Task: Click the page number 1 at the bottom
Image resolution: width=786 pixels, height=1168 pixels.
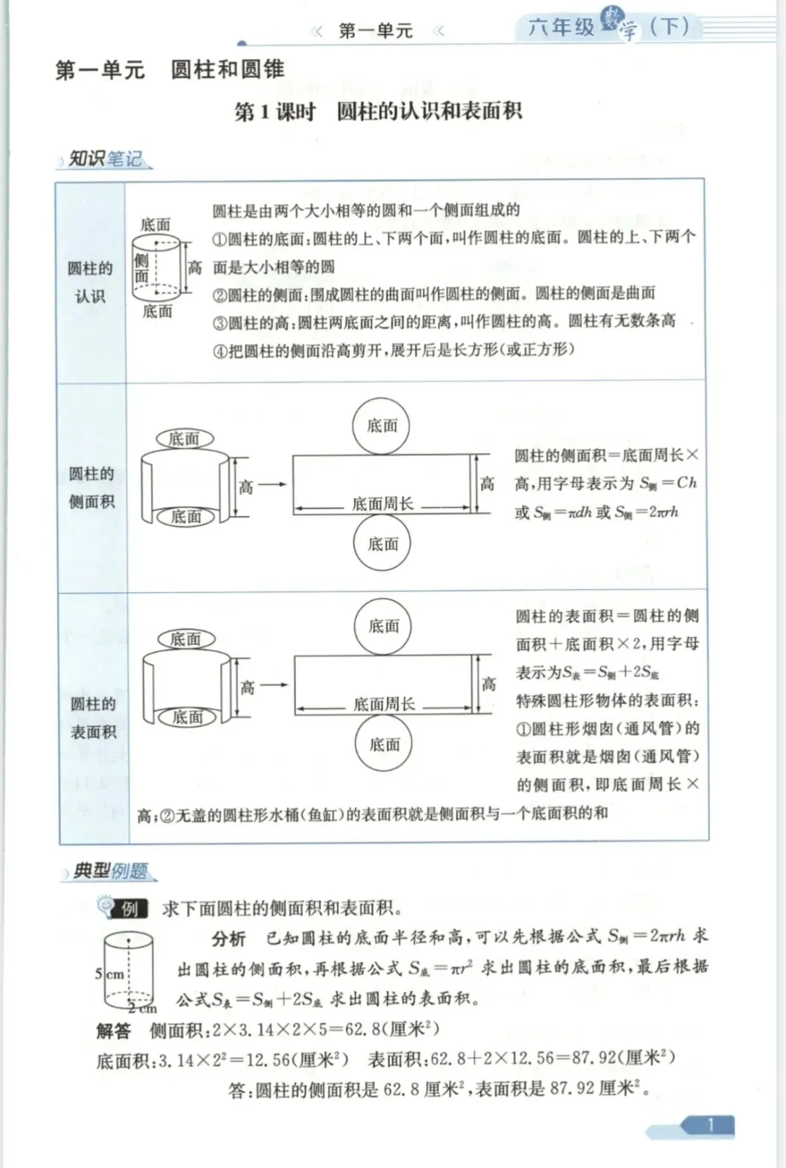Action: click(x=710, y=1125)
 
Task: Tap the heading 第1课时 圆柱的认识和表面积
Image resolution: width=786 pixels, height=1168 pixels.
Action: click(x=378, y=111)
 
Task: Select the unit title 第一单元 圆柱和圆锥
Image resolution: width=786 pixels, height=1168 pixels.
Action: click(x=170, y=70)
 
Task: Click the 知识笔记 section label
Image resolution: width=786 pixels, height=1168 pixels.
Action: click(x=105, y=159)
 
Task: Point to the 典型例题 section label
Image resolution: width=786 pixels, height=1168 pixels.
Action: click(x=110, y=871)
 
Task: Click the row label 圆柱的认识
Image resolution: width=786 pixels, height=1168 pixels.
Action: click(x=90, y=282)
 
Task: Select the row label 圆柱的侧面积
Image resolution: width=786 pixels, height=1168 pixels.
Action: click(x=92, y=487)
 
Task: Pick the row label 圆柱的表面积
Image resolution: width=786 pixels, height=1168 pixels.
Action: click(x=93, y=717)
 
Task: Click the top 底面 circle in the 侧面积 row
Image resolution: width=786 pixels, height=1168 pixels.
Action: click(x=382, y=426)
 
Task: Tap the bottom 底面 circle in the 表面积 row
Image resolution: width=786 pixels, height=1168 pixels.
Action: click(x=384, y=744)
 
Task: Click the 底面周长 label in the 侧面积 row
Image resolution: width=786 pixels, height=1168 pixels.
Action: click(x=382, y=504)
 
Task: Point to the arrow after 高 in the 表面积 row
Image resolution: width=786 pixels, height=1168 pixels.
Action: click(x=274, y=685)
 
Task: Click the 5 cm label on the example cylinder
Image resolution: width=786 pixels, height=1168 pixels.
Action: click(x=110, y=974)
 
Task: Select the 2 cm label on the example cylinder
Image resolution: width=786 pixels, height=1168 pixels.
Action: click(x=143, y=1009)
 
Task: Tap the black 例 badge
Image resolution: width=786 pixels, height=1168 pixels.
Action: click(x=130, y=909)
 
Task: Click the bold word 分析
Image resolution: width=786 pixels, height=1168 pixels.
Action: click(x=229, y=939)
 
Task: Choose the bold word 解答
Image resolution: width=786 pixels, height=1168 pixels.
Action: click(x=114, y=1030)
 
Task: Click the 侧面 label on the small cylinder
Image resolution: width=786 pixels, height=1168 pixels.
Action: click(x=141, y=267)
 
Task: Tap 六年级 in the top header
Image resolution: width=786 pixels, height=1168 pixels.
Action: click(x=561, y=28)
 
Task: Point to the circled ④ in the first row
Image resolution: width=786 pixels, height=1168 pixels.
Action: click(x=220, y=351)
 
